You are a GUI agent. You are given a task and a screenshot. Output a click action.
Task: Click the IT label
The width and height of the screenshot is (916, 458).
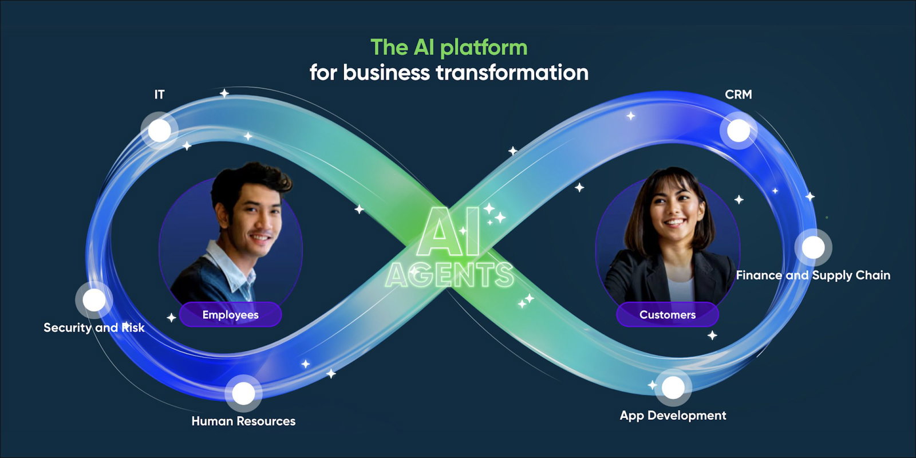159,94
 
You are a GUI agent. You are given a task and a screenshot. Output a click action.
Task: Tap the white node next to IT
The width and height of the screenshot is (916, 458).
159,131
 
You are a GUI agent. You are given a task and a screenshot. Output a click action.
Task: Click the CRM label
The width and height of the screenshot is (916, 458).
738,94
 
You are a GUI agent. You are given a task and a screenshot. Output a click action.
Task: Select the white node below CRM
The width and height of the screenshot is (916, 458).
739,131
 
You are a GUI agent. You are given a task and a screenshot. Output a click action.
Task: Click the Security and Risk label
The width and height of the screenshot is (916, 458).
94,327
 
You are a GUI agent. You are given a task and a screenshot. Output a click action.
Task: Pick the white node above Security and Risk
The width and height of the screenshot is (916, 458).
94,300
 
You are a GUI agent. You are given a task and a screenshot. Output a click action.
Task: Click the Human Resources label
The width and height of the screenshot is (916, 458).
243,421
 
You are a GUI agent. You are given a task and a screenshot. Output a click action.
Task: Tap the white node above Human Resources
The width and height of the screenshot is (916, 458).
243,393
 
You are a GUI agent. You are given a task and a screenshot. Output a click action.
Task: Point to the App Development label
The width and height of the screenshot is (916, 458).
673,415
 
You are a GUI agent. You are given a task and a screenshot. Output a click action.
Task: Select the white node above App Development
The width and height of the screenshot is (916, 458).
673,388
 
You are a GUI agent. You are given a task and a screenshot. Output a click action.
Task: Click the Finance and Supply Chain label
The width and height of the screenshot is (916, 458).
812,275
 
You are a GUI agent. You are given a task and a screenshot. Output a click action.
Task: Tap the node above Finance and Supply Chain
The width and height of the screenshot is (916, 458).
813,247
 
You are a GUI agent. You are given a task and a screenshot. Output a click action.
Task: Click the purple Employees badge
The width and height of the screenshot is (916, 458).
230,315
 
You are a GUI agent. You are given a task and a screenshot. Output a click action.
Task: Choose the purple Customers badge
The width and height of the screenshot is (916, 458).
667,315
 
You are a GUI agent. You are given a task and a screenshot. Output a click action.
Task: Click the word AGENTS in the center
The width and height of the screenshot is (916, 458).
449,275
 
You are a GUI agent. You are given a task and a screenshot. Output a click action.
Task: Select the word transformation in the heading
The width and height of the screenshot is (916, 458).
512,73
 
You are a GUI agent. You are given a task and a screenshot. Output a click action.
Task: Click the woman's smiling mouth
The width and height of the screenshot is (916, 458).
674,222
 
